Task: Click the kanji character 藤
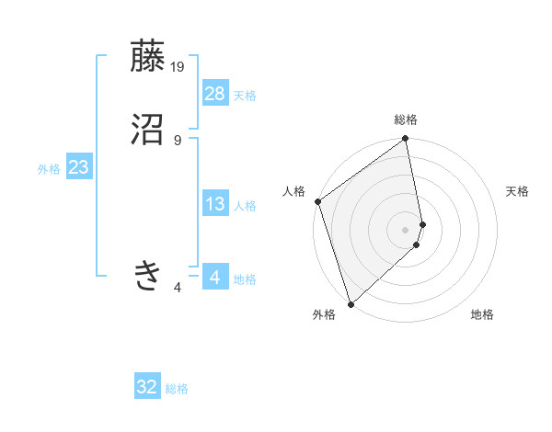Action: coord(148,56)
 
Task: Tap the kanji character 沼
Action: coord(148,130)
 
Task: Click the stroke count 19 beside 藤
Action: coord(178,66)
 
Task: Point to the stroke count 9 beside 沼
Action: coord(178,140)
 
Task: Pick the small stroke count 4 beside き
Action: coord(178,288)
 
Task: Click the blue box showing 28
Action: coord(215,94)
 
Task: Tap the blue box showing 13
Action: coord(215,205)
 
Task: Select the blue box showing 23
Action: coord(79,168)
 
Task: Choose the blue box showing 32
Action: coord(147,387)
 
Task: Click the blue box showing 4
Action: coord(215,278)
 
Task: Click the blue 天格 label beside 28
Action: coord(245,96)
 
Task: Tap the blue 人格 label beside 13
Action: coord(245,206)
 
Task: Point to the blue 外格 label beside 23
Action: coord(49,169)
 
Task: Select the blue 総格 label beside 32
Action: coord(177,389)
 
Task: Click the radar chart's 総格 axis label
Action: coord(406,119)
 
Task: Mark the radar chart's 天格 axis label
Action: coord(518,191)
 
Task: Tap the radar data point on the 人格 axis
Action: coord(317,201)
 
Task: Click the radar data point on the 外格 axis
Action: coord(350,304)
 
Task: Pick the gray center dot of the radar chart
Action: coord(406,229)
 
